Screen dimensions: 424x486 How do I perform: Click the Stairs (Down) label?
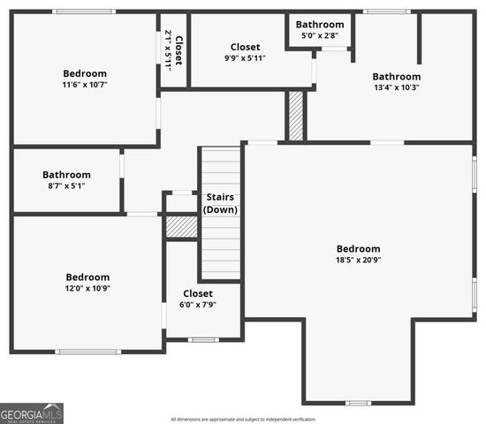point(220,202)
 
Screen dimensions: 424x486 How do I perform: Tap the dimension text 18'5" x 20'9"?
point(358,260)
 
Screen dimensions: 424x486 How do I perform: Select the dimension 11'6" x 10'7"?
point(85,85)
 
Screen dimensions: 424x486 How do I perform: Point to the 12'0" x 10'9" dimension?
point(87,288)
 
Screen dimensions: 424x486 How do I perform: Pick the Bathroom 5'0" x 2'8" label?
point(320,25)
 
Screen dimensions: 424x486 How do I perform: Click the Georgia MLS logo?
point(32,413)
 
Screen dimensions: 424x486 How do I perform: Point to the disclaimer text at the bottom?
point(243,419)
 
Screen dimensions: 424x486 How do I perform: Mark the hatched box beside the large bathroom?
point(296,116)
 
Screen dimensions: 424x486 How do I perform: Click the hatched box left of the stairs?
point(181,227)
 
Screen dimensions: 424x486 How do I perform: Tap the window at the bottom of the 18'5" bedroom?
point(358,403)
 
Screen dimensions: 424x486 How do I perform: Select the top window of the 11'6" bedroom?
point(84,11)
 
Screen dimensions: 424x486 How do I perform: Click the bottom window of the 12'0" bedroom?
point(87,352)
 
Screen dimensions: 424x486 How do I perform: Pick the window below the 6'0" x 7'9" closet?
point(203,340)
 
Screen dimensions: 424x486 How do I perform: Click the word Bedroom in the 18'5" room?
point(358,249)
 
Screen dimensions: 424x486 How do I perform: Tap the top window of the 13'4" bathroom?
point(387,11)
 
